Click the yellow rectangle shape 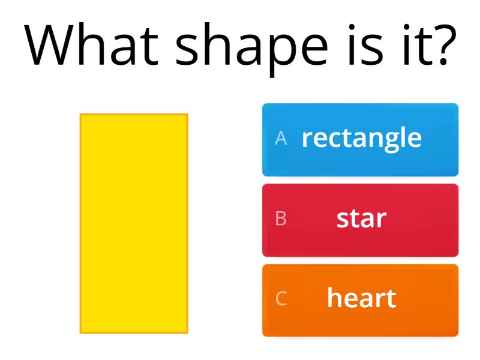click(x=134, y=223)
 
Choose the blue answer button click(x=360, y=140)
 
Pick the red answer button click(x=360, y=220)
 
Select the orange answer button click(x=360, y=300)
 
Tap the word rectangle click(x=361, y=138)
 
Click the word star click(x=361, y=218)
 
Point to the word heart click(x=361, y=298)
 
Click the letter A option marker click(x=281, y=139)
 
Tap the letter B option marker click(x=281, y=219)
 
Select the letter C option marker click(x=281, y=299)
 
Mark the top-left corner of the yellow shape click(x=81, y=115)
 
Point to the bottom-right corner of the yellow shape click(x=187, y=332)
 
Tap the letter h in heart click(x=334, y=297)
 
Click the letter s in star click(x=342, y=220)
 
